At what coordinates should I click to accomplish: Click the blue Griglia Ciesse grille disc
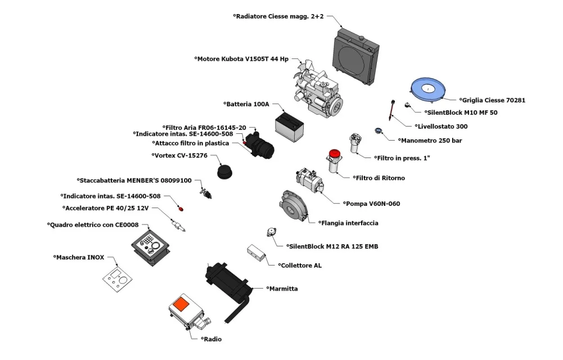427,88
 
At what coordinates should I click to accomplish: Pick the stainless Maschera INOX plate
118,279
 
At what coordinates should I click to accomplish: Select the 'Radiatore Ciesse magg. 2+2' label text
278,16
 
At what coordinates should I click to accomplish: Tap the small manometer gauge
378,130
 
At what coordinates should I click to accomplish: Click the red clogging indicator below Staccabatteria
181,209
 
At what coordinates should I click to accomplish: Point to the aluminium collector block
256,253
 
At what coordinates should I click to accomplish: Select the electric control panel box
150,247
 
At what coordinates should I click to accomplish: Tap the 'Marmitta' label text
282,289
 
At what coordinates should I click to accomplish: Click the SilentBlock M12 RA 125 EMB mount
272,232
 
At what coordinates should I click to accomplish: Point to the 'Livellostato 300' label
442,127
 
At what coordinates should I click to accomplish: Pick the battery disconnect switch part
205,192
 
